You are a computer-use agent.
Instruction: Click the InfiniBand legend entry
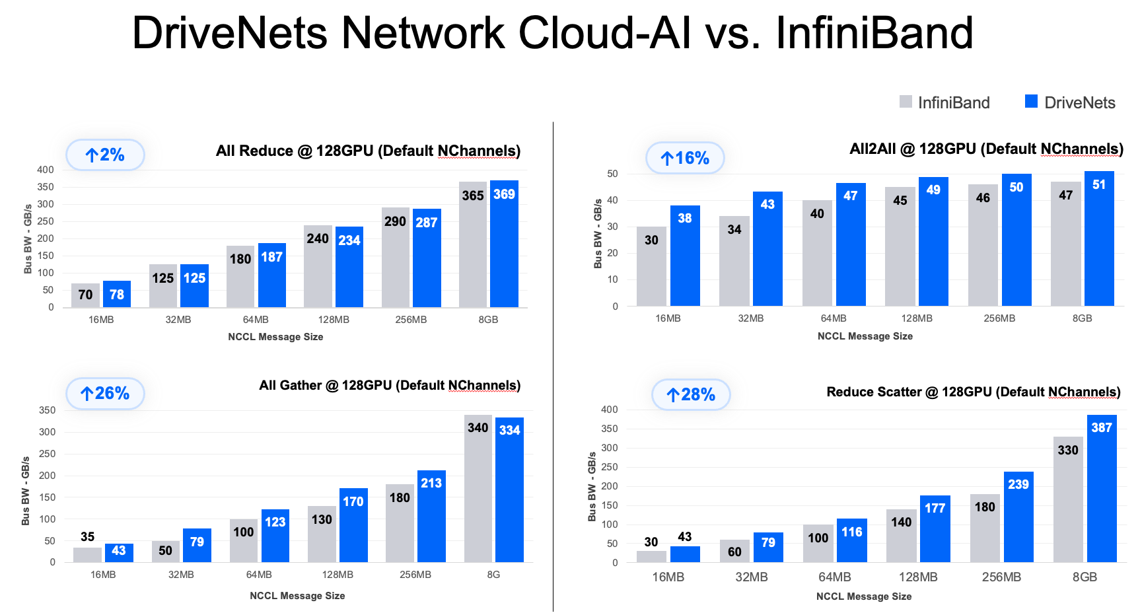click(x=945, y=102)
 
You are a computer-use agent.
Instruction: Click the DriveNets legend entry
click(x=1071, y=102)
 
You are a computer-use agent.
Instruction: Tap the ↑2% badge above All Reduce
click(x=105, y=155)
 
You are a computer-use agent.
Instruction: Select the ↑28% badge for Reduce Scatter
click(x=691, y=395)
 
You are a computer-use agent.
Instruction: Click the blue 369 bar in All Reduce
click(x=504, y=244)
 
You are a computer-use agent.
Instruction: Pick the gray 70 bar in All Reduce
click(x=85, y=295)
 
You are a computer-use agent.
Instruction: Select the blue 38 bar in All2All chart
click(x=685, y=256)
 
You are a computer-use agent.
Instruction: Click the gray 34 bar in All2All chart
click(x=734, y=261)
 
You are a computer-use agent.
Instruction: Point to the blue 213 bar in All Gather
click(x=431, y=517)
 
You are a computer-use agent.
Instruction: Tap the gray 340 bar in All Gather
click(x=478, y=489)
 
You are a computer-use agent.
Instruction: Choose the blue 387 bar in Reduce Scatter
click(x=1102, y=489)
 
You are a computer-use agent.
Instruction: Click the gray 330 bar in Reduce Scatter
click(x=1068, y=500)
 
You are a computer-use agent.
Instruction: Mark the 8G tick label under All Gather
click(x=493, y=575)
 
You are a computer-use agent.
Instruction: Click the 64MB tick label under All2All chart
click(x=834, y=318)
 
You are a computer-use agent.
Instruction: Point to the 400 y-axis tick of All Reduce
click(x=46, y=170)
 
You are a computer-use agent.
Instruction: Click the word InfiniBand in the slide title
click(x=874, y=33)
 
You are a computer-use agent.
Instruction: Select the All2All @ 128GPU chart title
click(x=985, y=149)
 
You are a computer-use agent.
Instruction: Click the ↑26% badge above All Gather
click(x=105, y=394)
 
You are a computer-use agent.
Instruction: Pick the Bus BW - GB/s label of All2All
click(x=598, y=233)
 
